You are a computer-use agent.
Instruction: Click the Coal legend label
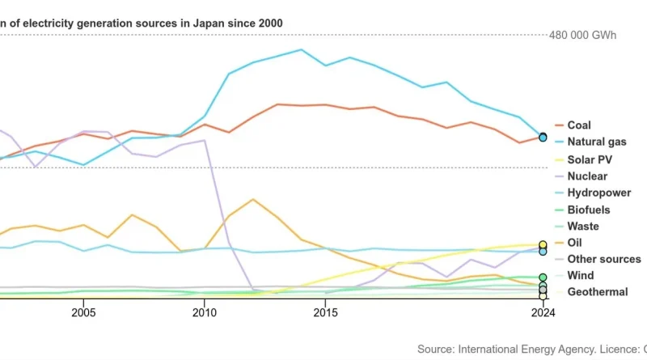click(x=578, y=125)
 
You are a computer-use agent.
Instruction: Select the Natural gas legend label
click(x=596, y=142)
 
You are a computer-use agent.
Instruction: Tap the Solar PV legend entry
click(x=590, y=159)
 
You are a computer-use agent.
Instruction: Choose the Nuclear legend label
click(x=587, y=176)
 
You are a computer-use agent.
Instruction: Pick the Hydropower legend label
click(x=599, y=193)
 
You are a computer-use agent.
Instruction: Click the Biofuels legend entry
click(x=588, y=210)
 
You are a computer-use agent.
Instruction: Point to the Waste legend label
click(x=583, y=227)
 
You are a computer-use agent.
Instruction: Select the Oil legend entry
click(x=574, y=243)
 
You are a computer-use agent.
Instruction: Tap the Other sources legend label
click(x=603, y=259)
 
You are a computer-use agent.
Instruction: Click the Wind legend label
click(x=580, y=275)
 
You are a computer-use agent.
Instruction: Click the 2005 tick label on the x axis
click(x=83, y=312)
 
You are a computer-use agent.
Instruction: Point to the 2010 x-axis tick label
click(x=204, y=312)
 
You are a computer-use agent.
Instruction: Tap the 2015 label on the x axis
click(x=326, y=312)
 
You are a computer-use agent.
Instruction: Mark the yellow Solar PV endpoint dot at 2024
click(x=543, y=244)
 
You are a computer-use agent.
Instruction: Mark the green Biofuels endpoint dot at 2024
click(x=543, y=277)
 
